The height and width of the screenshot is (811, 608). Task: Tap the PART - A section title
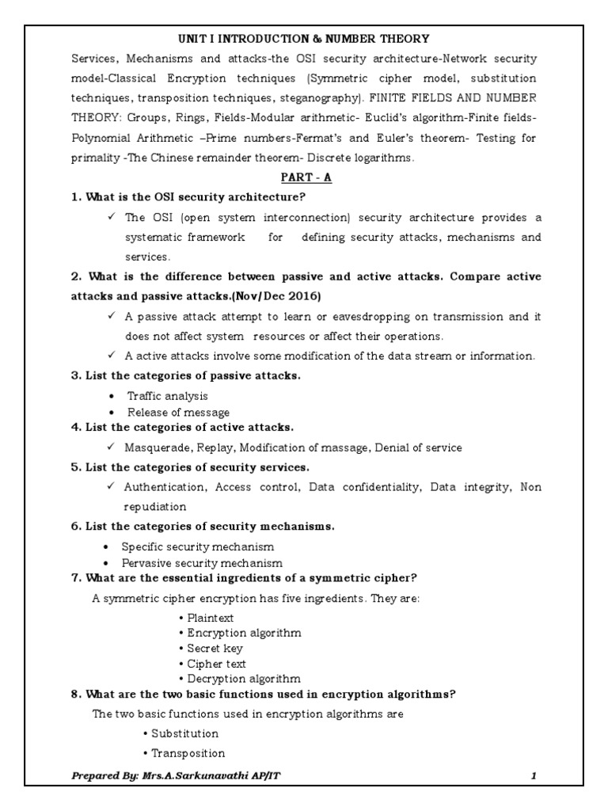[x=304, y=177]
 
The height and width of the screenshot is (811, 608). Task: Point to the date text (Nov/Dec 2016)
[x=272, y=295]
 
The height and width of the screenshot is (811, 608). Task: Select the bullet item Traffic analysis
[x=168, y=396]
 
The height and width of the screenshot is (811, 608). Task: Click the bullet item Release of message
[x=178, y=412]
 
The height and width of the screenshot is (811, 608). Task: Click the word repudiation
[x=155, y=506]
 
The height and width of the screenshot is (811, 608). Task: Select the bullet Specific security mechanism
[x=197, y=546]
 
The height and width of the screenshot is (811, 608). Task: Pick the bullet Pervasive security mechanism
[x=201, y=563]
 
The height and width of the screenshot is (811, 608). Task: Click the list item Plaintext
[x=210, y=618]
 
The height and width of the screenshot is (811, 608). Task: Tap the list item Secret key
[x=215, y=649]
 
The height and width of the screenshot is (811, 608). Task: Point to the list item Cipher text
[x=216, y=664]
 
